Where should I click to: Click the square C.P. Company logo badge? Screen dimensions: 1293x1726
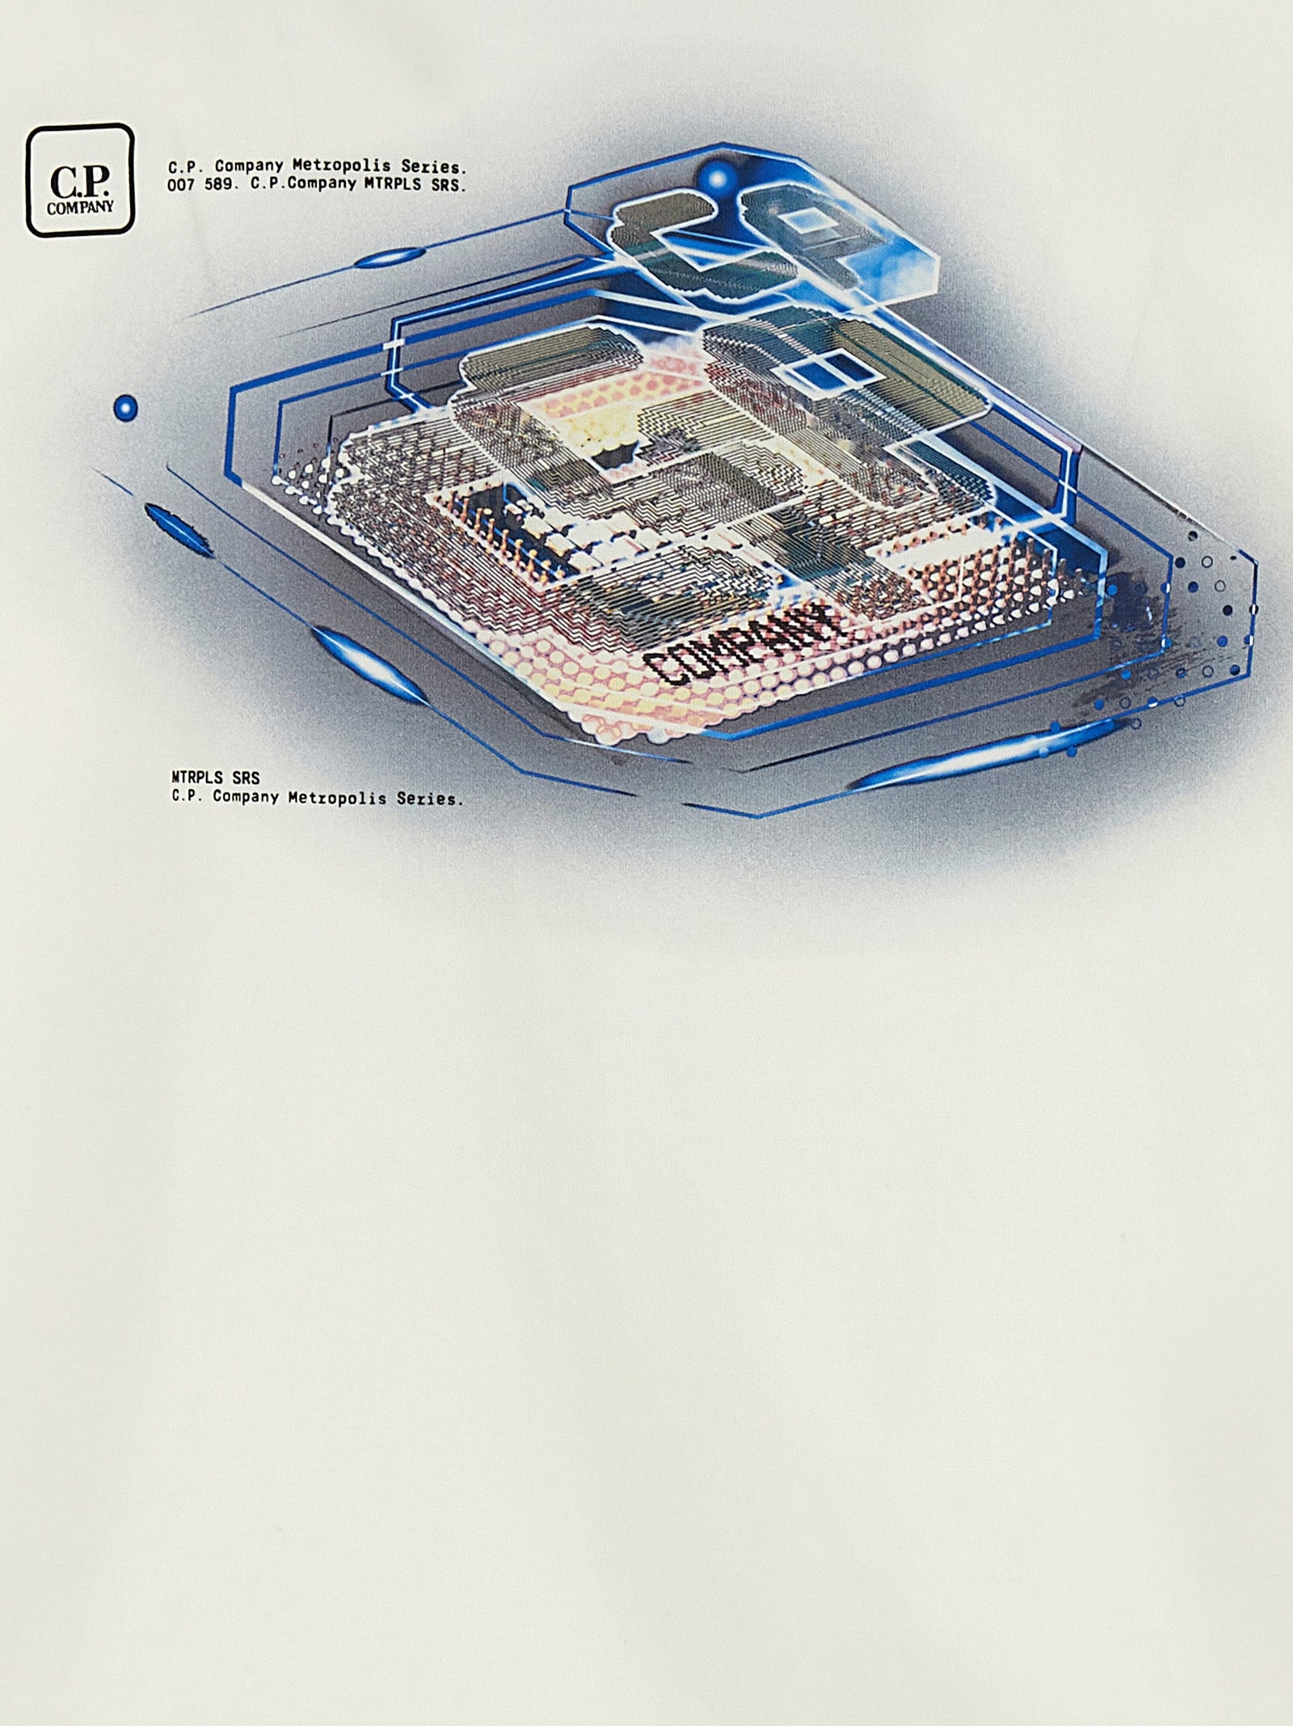80,179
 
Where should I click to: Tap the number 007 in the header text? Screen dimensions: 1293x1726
179,185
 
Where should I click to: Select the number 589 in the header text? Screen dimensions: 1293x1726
219,185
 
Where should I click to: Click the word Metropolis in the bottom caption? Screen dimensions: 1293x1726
339,798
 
